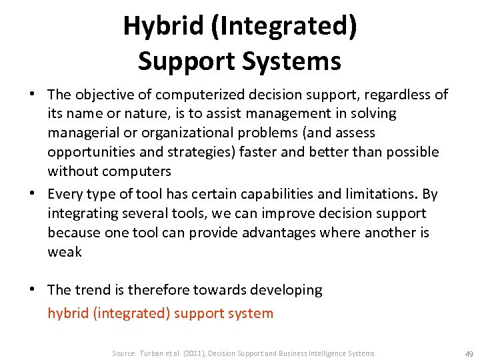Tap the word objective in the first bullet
point(103,95)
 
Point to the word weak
point(64,252)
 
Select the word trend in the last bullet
point(92,290)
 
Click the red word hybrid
point(68,313)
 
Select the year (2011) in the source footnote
point(190,353)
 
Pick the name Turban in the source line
point(151,353)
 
